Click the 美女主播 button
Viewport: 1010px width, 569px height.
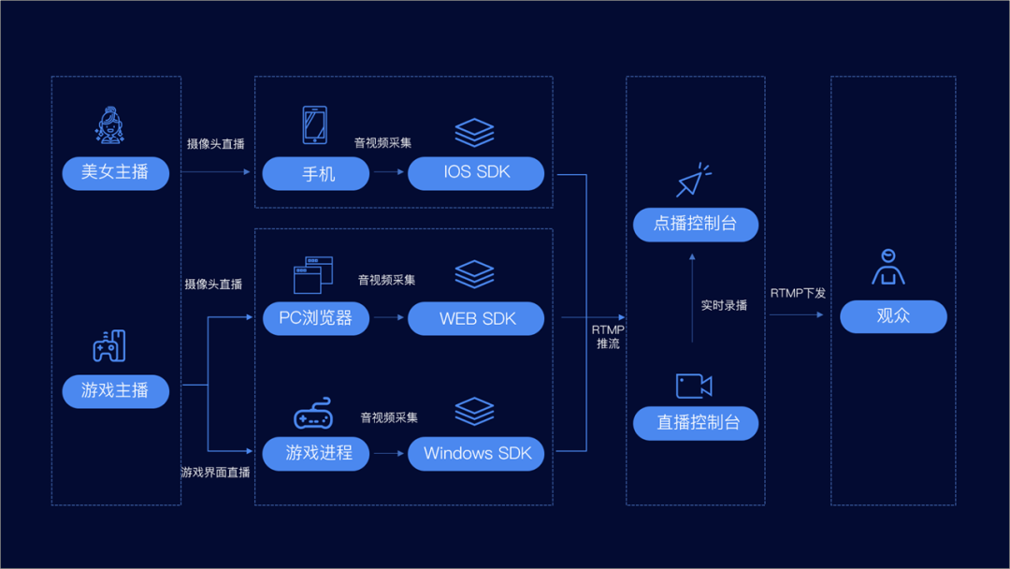click(x=115, y=173)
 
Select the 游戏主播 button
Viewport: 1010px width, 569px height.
click(x=115, y=390)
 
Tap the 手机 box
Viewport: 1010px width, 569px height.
click(x=316, y=173)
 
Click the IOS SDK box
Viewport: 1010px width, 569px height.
click(x=476, y=173)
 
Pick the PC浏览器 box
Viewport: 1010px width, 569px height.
click(x=316, y=318)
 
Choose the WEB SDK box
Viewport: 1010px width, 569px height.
click(x=476, y=318)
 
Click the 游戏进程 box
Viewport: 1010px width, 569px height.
click(x=316, y=454)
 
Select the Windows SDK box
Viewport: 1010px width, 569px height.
click(x=476, y=454)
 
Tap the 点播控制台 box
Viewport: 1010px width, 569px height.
click(x=696, y=225)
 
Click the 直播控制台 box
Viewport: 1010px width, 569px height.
click(x=696, y=423)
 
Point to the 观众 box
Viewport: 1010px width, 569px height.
click(x=893, y=316)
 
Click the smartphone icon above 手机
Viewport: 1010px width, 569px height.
click(x=315, y=125)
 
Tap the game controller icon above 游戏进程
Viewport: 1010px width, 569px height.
click(x=313, y=413)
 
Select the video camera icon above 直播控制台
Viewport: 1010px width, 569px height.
click(x=694, y=386)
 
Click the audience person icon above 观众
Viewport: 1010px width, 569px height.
click(x=888, y=267)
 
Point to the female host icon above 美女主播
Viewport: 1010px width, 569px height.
click(x=109, y=124)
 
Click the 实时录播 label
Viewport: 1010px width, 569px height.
click(x=724, y=305)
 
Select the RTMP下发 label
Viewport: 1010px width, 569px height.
click(x=798, y=293)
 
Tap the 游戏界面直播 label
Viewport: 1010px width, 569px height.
click(x=215, y=473)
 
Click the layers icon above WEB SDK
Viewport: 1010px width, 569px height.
click(x=475, y=274)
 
